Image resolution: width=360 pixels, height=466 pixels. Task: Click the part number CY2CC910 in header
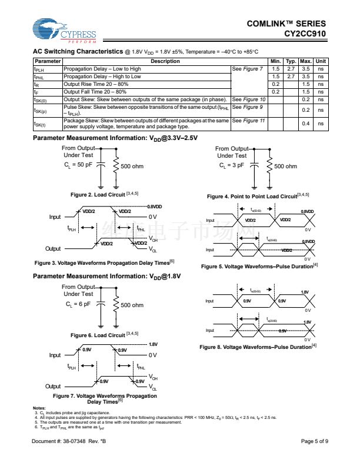pyautogui.click(x=305, y=34)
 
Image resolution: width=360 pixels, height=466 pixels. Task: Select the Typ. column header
pyautogui.click(x=291, y=61)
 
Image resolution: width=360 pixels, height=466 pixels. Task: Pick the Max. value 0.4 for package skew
pyautogui.click(x=305, y=124)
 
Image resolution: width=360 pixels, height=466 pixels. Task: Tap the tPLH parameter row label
pyautogui.click(x=39, y=69)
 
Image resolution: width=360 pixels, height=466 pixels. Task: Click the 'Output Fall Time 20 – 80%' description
pyautogui.click(x=95, y=92)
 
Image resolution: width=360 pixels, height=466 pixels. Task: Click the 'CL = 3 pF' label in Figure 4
pyautogui.click(x=232, y=166)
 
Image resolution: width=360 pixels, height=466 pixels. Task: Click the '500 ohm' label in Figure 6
pyautogui.click(x=132, y=305)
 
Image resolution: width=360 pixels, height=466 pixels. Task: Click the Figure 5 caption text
pyautogui.click(x=259, y=267)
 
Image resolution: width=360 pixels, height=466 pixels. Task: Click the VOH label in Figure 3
pyautogui.click(x=154, y=239)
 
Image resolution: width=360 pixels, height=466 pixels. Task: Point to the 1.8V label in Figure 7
pyautogui.click(x=153, y=344)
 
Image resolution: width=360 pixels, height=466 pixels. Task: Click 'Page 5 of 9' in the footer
pyautogui.click(x=314, y=441)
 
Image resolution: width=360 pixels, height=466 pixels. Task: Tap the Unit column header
pyautogui.click(x=321, y=61)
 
